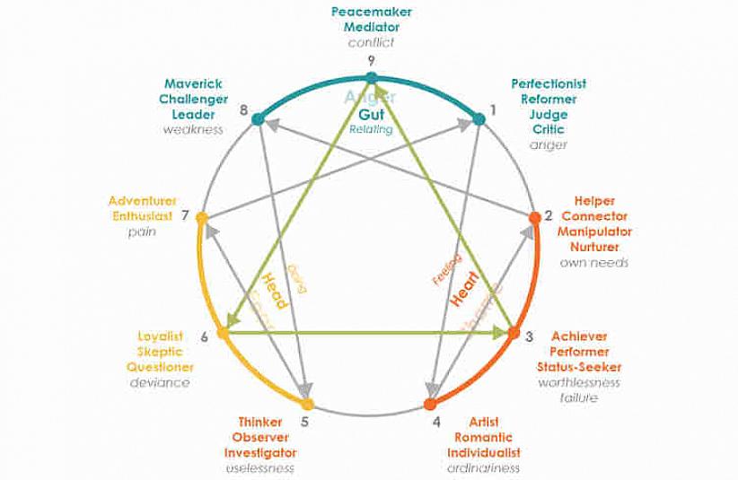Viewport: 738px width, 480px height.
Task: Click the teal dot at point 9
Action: tap(372, 78)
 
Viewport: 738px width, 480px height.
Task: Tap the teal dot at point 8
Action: tap(257, 118)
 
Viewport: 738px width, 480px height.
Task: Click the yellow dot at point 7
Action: tap(202, 216)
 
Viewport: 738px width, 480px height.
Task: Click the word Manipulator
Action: tap(593, 231)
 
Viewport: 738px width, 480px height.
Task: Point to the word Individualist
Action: tap(484, 452)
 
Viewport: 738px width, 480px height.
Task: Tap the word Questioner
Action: tap(160, 367)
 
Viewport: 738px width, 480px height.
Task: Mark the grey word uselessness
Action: tap(260, 467)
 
